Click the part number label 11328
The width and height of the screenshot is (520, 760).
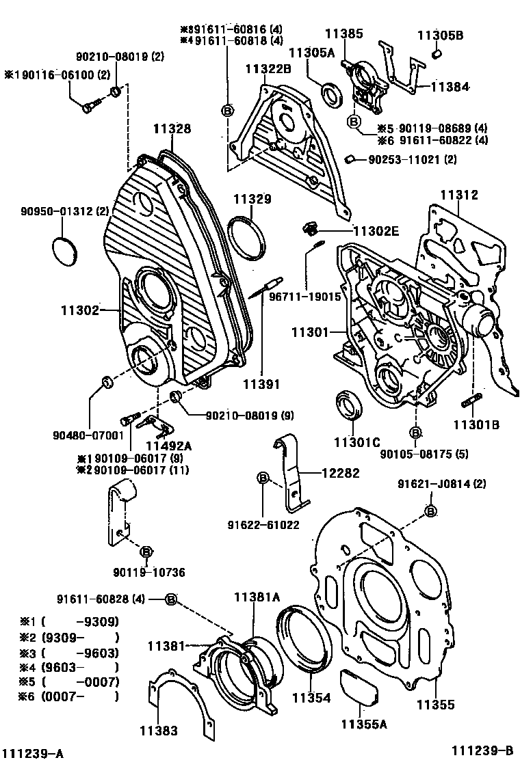pyautogui.click(x=172, y=128)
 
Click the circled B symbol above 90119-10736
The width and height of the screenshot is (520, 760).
pyautogui.click(x=145, y=552)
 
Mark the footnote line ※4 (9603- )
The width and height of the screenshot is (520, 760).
pyautogui.click(x=69, y=667)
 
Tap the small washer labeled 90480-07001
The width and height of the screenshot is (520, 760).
pyautogui.click(x=107, y=381)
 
